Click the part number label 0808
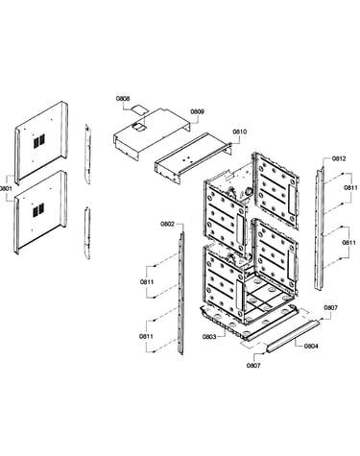tap(123, 99)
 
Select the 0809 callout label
tap(198, 111)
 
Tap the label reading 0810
tap(240, 132)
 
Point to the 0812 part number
tap(339, 158)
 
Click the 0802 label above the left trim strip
tap(167, 224)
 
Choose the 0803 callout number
tap(209, 337)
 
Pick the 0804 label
tap(311, 346)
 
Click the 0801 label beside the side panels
tap(6, 188)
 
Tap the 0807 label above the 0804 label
tap(330, 308)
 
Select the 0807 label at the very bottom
tap(253, 366)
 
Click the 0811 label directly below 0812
tap(350, 188)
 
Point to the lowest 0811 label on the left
tap(146, 336)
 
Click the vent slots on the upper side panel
tap(39, 141)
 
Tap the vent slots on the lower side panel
tap(38, 210)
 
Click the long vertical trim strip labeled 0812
tap(320, 228)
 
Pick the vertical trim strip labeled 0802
tap(181, 293)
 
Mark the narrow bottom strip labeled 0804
tap(293, 336)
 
